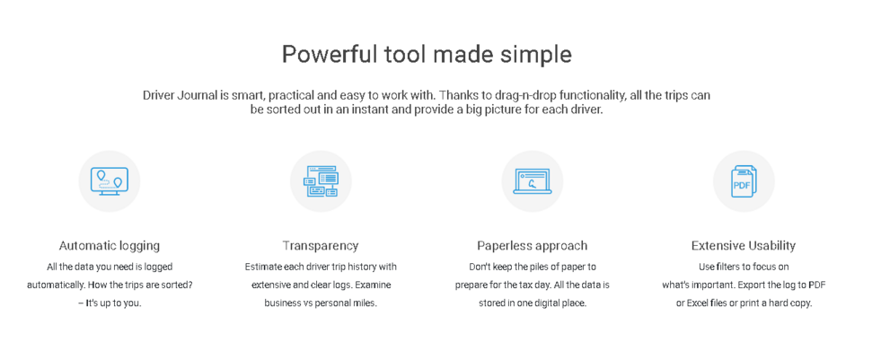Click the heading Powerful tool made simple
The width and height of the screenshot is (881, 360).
[427, 55]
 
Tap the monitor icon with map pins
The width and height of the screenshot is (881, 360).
[109, 181]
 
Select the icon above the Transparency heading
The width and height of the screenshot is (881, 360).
[321, 181]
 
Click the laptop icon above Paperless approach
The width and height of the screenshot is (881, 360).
[532, 181]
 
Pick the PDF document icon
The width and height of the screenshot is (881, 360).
[744, 181]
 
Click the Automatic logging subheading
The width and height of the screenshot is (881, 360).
[109, 245]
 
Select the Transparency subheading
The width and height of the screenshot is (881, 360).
[321, 245]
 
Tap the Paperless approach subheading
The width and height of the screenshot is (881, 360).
[532, 245]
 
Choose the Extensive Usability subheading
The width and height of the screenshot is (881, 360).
[744, 245]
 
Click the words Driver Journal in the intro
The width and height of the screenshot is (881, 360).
[180, 95]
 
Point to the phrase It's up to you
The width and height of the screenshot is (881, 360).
[113, 303]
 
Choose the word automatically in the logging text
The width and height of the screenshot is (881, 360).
[54, 285]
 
